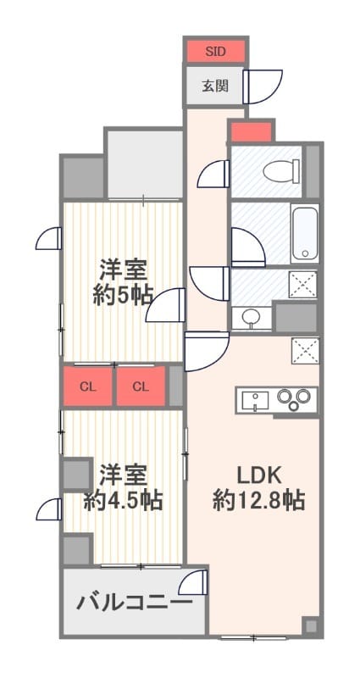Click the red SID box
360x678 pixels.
(x=215, y=51)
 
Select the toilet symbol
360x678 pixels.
(x=277, y=173)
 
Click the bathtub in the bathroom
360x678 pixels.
(x=304, y=233)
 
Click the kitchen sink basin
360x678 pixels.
(x=255, y=399)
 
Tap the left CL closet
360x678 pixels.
(x=87, y=387)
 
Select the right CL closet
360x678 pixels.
(x=141, y=387)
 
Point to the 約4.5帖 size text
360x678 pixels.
(x=123, y=500)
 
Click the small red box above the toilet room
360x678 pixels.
(x=251, y=132)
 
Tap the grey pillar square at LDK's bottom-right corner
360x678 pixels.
(x=311, y=626)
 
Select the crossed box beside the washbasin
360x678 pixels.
(x=302, y=284)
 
